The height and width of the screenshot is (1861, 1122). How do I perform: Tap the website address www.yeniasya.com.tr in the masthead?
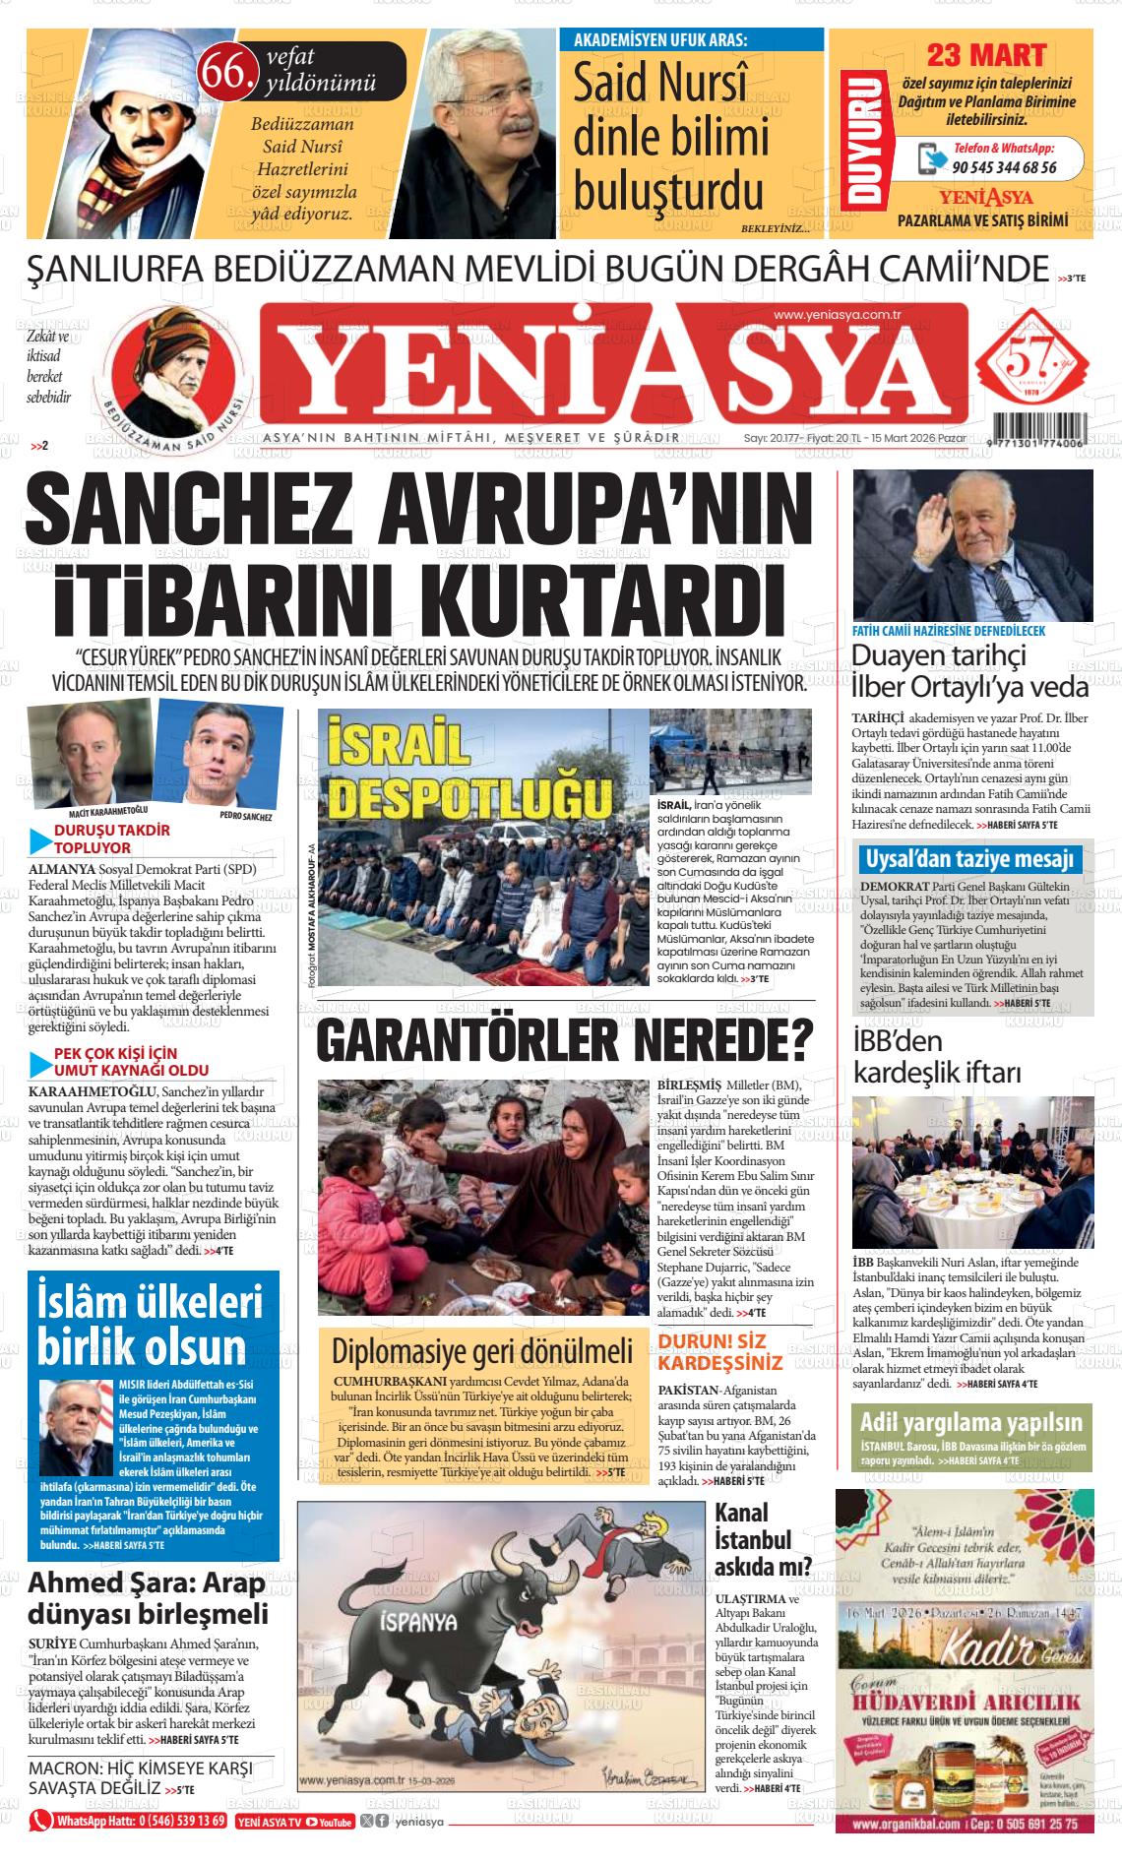(838, 315)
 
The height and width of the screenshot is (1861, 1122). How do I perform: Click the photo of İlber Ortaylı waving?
(971, 544)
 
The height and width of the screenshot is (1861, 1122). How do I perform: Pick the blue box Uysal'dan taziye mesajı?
(969, 859)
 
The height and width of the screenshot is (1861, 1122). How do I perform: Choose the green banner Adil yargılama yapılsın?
(969, 1421)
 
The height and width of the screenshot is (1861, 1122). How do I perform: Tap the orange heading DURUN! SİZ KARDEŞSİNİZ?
(720, 1352)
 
